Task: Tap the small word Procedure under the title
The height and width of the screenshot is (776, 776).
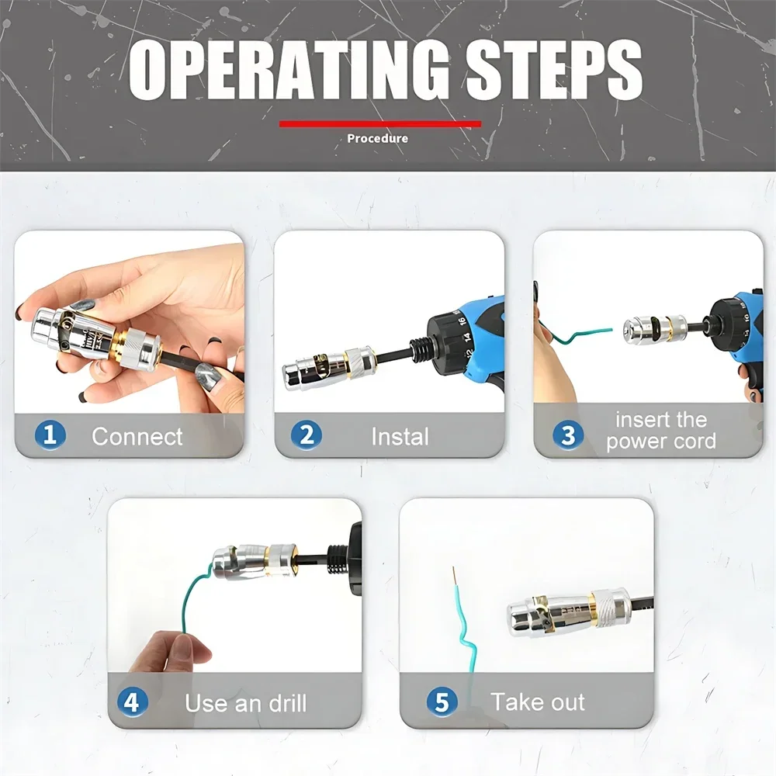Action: pos(377,139)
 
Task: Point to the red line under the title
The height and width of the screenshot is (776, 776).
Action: pos(379,123)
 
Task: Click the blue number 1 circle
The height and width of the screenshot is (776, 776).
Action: pos(50,435)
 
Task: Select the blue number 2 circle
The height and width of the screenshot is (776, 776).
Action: pos(307,435)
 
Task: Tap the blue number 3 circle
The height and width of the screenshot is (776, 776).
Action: pos(568,435)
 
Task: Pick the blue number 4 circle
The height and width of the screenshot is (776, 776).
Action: pos(132,703)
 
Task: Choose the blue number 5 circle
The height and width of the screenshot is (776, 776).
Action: pos(442,703)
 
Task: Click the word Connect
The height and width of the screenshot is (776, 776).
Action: pos(137,436)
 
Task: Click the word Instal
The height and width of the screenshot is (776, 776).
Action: pos(400,436)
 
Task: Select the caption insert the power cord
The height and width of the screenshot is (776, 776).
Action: pos(660,431)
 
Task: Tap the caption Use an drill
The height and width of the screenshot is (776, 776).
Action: pos(245,704)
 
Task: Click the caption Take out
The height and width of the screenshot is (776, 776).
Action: pos(537,703)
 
